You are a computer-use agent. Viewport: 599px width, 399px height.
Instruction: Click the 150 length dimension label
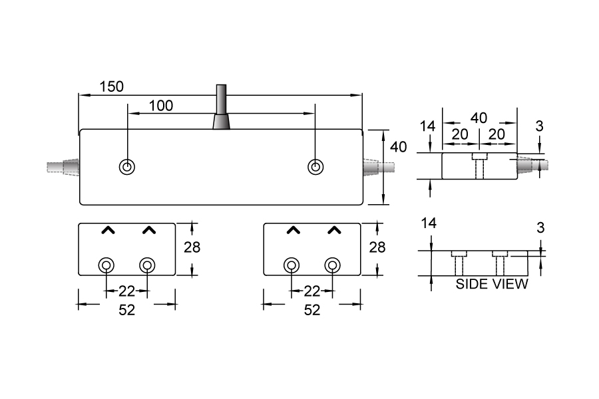pos(112,86)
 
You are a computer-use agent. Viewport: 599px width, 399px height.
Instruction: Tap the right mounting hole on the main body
pos(316,167)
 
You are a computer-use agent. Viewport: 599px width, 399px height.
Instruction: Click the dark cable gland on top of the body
pos(221,110)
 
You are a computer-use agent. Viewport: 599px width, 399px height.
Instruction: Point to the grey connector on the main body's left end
pos(62,166)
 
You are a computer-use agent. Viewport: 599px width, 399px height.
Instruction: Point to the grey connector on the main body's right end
pos(379,166)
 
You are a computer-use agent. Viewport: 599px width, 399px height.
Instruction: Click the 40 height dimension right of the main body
pos(398,147)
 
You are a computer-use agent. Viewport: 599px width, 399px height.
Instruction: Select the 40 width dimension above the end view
pos(479,118)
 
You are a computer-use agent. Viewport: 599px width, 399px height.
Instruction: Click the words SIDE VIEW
pos(492,285)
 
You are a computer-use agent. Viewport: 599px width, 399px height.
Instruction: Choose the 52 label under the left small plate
pos(126,310)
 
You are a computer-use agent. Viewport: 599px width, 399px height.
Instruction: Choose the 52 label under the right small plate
pos(311,310)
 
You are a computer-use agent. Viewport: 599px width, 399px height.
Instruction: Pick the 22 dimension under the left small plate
pos(126,291)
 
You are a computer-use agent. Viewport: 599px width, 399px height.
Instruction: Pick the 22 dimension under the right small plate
pos(311,291)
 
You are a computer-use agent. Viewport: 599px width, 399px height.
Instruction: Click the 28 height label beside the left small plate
pos(192,247)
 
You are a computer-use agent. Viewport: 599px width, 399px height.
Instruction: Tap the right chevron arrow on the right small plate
pos(334,230)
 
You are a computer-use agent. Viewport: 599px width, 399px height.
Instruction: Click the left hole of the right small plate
pos(291,266)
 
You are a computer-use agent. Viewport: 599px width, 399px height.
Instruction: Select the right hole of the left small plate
pos(147,266)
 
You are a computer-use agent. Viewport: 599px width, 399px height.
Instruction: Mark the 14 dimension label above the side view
pos(429,223)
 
